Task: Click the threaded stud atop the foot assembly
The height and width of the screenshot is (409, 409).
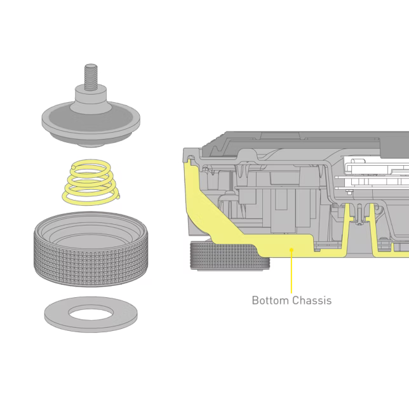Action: [91, 77]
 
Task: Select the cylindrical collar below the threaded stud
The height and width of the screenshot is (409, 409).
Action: [91, 99]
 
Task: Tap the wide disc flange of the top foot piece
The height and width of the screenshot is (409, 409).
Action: [91, 123]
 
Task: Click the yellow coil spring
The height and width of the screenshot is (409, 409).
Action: [91, 182]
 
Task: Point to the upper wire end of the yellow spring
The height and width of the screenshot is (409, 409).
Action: [74, 167]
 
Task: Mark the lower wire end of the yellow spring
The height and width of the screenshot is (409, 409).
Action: [118, 197]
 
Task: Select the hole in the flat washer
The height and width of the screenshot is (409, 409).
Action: [91, 312]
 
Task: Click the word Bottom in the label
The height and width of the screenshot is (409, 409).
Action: [270, 300]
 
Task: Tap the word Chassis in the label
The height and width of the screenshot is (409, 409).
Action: [311, 300]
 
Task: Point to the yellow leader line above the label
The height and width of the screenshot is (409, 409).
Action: [292, 272]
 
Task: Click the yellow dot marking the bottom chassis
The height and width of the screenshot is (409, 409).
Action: [292, 250]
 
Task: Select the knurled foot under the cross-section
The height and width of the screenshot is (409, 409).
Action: [230, 255]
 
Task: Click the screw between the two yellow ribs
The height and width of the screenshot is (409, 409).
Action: [359, 215]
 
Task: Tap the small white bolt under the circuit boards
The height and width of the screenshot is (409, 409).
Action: [349, 192]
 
